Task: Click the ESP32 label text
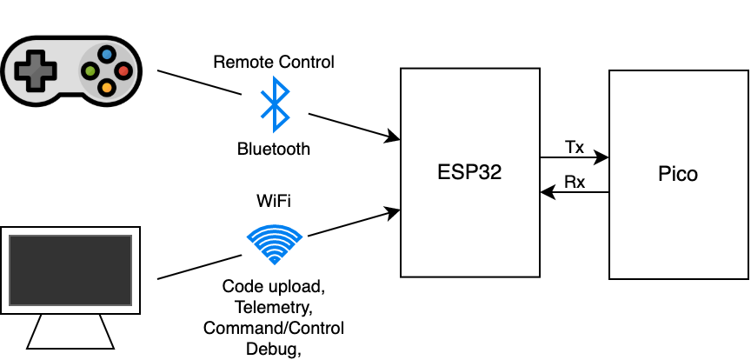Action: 469,173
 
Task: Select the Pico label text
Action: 678,174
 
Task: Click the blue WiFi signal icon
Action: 275,243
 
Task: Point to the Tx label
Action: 575,147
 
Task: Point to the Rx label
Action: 575,182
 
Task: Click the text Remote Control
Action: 274,62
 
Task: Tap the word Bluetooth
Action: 274,149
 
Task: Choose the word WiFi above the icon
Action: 274,201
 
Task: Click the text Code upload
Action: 273,286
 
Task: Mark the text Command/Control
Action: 274,328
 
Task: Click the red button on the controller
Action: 123,70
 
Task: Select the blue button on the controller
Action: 107,54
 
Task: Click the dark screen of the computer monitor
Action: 70,270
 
